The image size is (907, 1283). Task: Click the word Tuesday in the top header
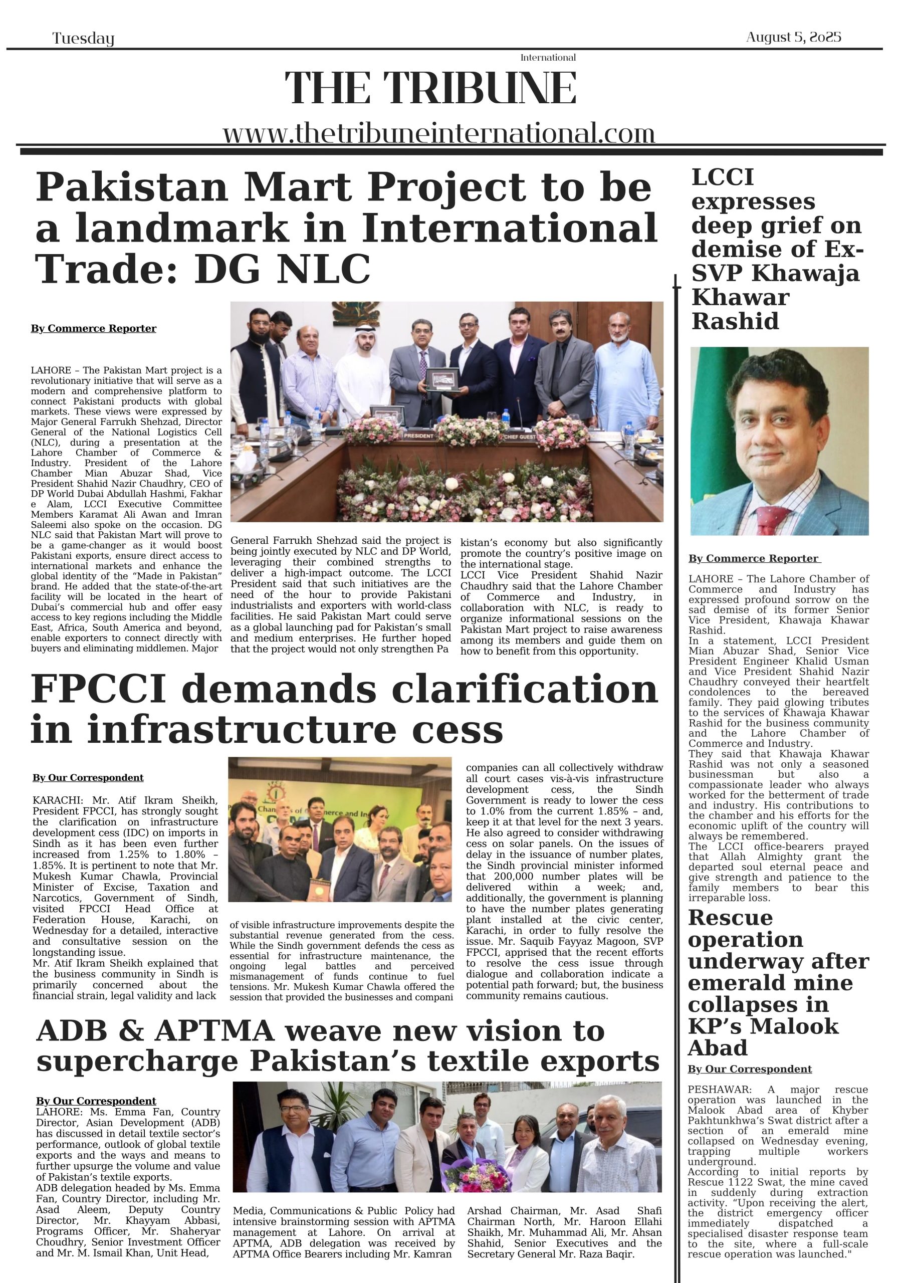click(83, 39)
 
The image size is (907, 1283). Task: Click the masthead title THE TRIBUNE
click(430, 88)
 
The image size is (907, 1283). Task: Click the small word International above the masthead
click(548, 58)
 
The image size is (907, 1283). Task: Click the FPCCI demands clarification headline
click(344, 709)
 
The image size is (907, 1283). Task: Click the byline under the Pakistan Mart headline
click(93, 329)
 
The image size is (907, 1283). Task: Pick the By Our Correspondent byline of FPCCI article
click(88, 778)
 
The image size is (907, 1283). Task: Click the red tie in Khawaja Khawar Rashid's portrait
click(766, 520)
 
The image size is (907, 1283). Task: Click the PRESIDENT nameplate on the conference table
click(418, 436)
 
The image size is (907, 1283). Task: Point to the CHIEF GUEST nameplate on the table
click(520, 436)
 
